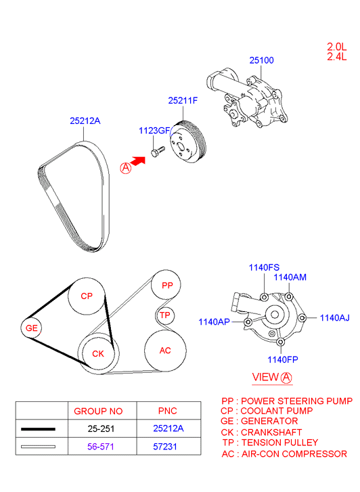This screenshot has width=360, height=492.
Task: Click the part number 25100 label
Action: click(261, 60)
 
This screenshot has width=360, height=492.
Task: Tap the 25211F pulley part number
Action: click(183, 101)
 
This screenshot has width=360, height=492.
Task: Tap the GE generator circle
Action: click(32, 328)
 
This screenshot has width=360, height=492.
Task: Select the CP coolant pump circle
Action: click(87, 296)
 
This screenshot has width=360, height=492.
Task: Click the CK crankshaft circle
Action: click(98, 353)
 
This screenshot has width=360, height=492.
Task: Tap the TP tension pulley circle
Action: click(164, 315)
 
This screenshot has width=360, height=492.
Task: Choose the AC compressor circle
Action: click(165, 351)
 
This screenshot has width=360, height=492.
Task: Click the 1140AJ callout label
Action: click(334, 317)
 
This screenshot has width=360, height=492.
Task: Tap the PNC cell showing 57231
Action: click(168, 447)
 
